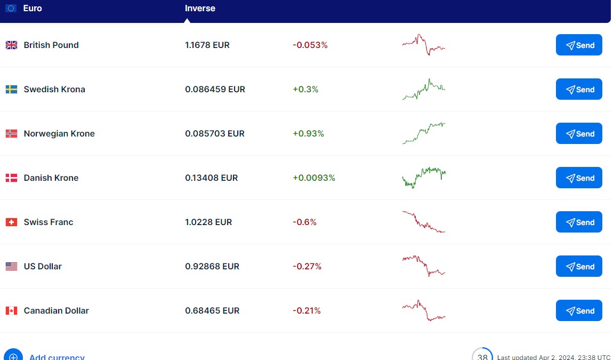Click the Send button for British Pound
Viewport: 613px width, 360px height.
point(579,45)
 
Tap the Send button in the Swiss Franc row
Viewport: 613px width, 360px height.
point(579,222)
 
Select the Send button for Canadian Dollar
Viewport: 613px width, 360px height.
point(579,311)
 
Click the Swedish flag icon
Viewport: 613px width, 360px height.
point(11,90)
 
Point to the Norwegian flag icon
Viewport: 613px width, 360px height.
point(11,134)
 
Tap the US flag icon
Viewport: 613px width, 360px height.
point(11,267)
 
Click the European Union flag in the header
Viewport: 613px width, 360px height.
point(11,9)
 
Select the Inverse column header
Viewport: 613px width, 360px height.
point(200,9)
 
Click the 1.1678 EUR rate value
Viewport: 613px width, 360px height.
point(207,45)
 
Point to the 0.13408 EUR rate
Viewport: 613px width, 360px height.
point(212,178)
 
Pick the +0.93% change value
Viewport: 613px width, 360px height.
point(308,134)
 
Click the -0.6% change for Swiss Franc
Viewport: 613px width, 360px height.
point(304,222)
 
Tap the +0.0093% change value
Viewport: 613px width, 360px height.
point(314,178)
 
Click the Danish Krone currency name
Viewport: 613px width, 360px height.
point(51,178)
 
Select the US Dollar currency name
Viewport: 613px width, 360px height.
point(43,267)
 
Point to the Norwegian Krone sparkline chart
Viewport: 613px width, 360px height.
point(423,133)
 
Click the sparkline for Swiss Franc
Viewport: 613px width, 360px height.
point(423,222)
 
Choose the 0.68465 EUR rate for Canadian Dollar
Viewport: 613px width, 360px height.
point(212,311)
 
